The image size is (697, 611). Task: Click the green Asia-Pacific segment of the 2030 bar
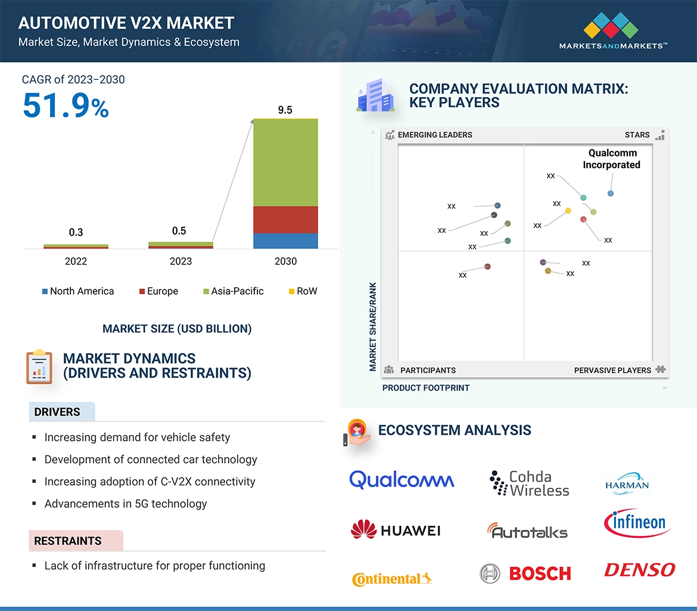click(285, 163)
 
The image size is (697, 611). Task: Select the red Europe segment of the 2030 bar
click(285, 220)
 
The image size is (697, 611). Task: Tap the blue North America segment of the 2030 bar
click(285, 241)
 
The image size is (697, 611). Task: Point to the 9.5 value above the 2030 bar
click(285, 110)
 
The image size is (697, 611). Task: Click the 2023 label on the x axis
click(181, 261)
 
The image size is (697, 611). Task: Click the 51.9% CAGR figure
click(66, 105)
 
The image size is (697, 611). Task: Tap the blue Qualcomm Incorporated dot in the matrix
click(611, 194)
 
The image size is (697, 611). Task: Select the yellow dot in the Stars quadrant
click(568, 210)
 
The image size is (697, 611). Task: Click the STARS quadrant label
click(637, 135)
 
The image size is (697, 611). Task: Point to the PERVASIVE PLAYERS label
click(612, 370)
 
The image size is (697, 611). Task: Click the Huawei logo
click(396, 529)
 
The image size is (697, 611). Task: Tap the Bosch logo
click(525, 573)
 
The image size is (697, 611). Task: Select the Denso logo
click(639, 570)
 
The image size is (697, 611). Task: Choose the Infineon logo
click(637, 523)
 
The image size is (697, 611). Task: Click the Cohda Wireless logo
click(529, 484)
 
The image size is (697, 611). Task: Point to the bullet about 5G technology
click(126, 504)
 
